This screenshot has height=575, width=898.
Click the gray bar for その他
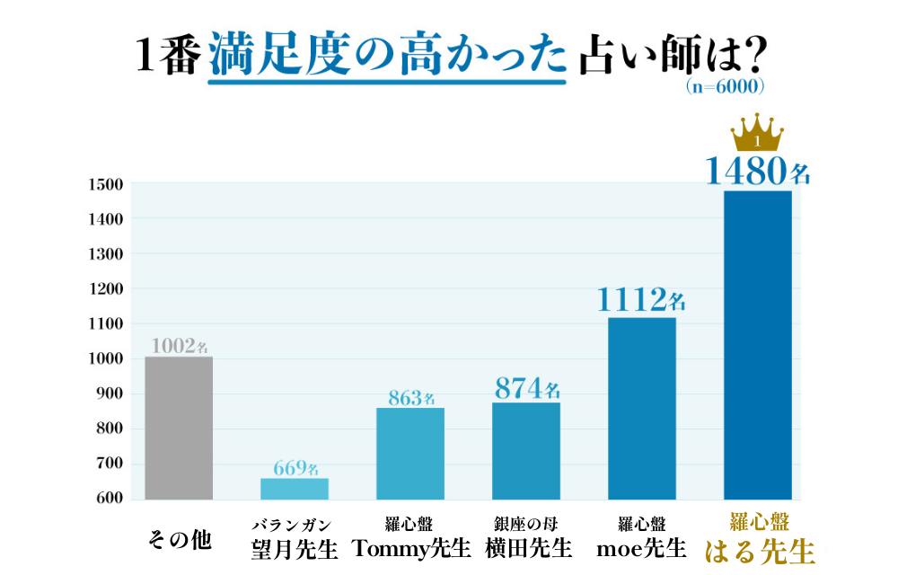179,428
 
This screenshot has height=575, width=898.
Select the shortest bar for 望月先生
295,489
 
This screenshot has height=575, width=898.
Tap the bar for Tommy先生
410,454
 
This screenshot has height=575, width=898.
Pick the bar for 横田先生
526,451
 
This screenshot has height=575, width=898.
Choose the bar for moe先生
642,409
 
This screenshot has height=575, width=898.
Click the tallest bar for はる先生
758,345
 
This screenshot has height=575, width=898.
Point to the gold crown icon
758,134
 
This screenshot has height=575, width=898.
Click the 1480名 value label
758,171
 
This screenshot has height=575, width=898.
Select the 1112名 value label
641,299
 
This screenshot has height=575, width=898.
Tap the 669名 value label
295,468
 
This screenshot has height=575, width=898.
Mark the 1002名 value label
180,346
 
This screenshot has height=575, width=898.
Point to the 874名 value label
527,389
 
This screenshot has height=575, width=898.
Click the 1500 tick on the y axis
106,184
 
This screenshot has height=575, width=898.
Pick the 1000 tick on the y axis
106,359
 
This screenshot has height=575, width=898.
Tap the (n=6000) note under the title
724,87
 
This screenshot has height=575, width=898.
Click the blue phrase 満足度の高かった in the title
388,57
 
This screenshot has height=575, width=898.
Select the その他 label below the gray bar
179,541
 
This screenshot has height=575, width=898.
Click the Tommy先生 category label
410,546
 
